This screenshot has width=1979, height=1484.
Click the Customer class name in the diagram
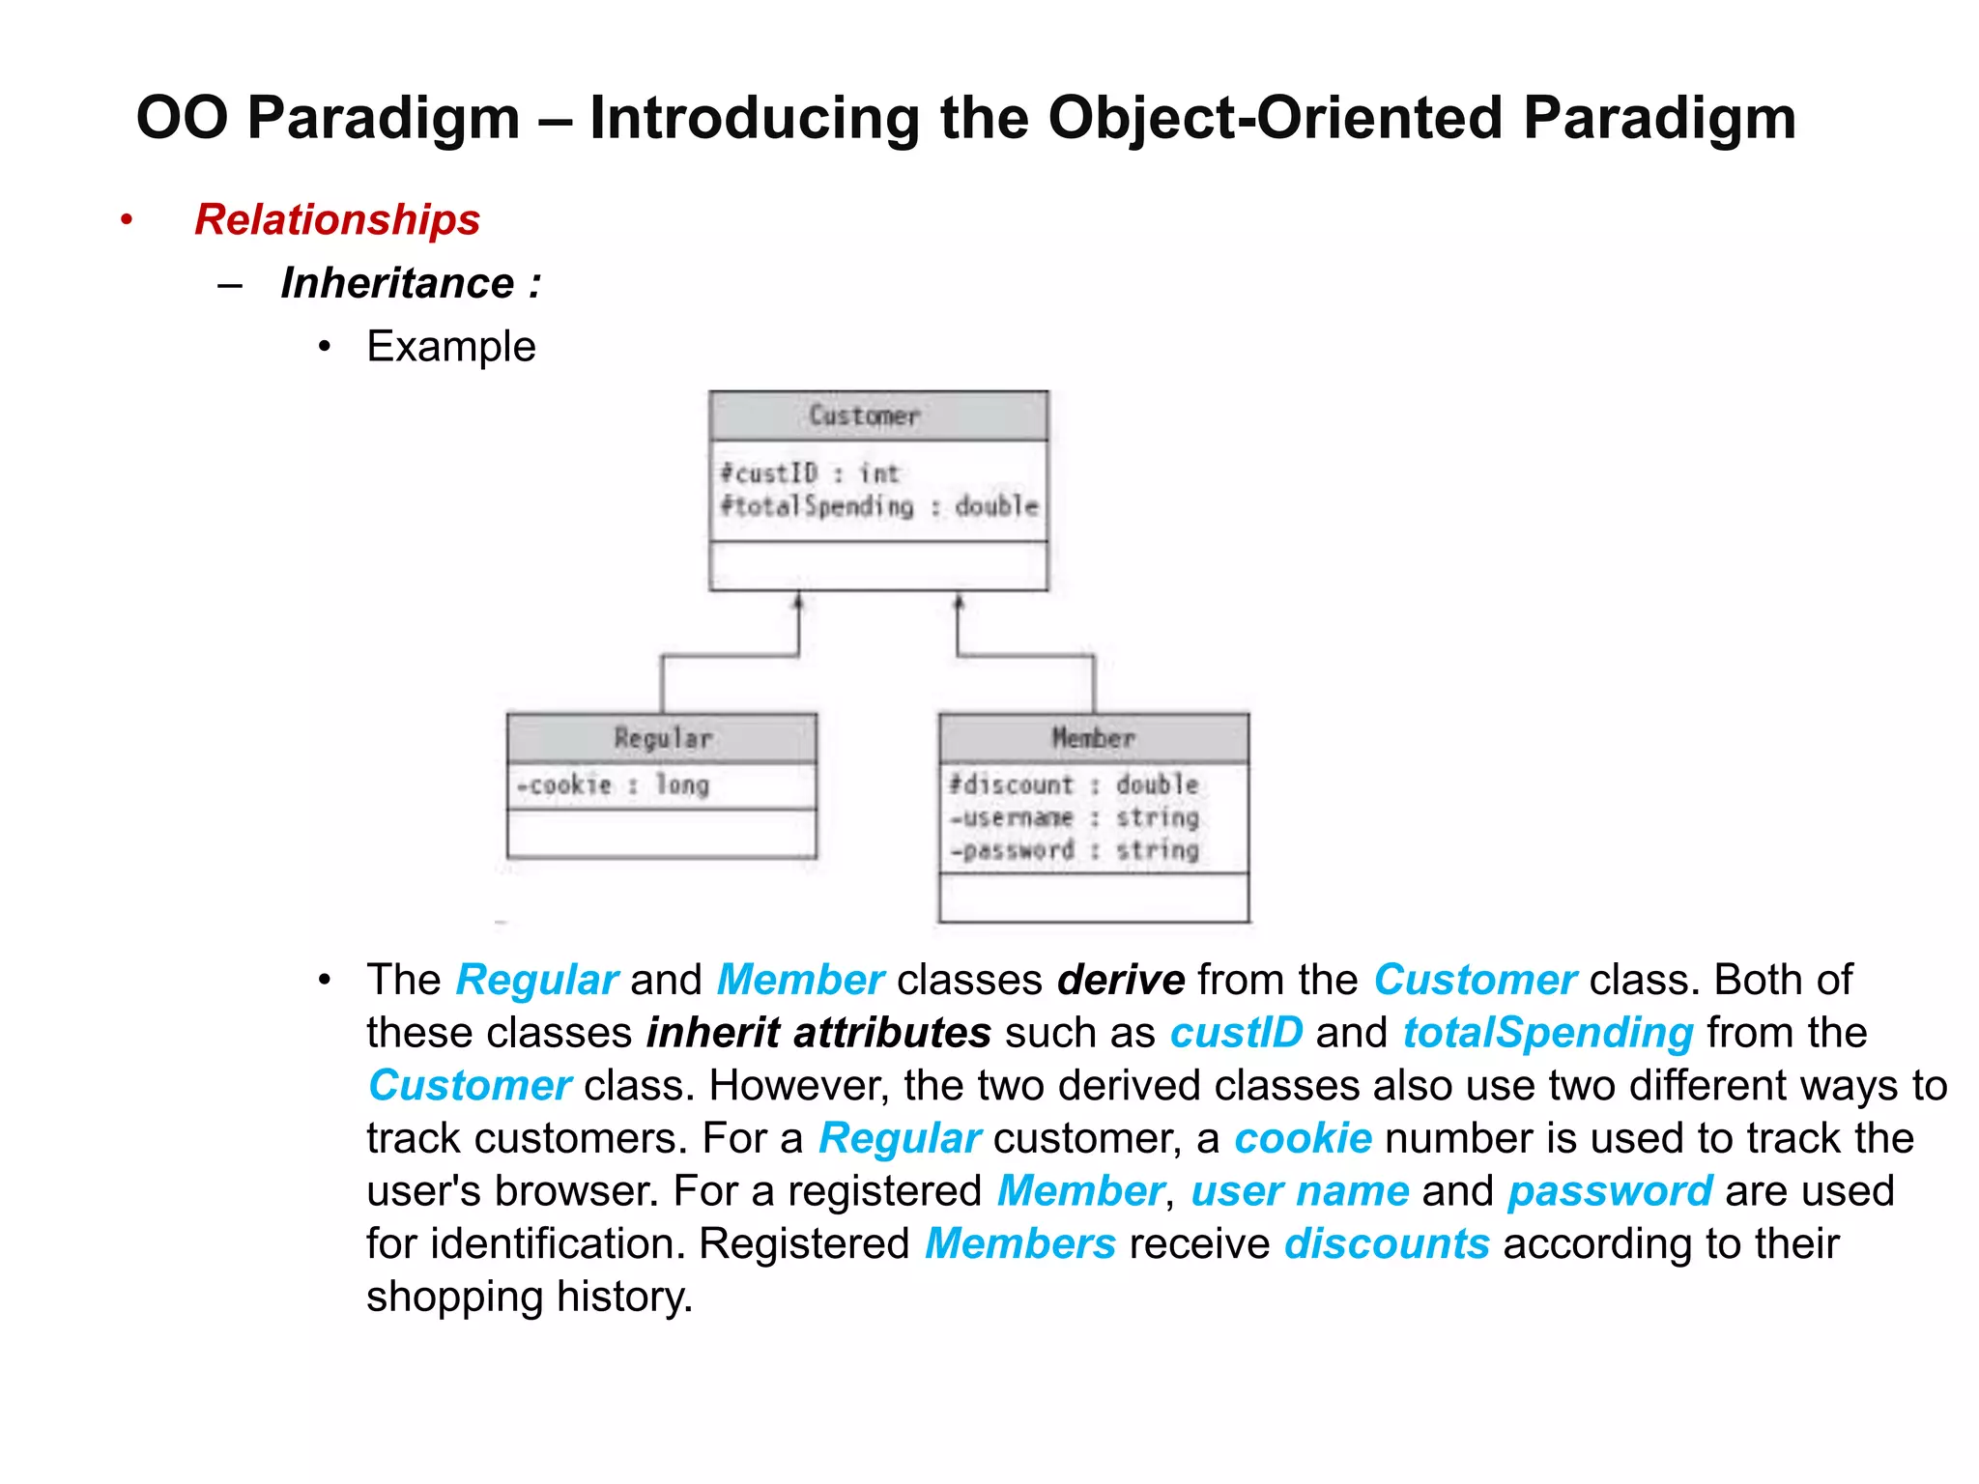pyautogui.click(x=864, y=415)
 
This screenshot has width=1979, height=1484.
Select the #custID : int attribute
pyautogui.click(x=810, y=473)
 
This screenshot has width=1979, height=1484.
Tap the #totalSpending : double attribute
pyautogui.click(x=878, y=506)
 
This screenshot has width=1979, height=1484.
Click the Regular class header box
pyautogui.click(x=662, y=738)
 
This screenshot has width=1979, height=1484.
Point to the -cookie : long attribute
pyautogui.click(x=613, y=785)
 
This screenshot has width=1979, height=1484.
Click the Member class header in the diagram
pyautogui.click(x=1093, y=738)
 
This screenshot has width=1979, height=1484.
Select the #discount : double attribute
pyautogui.click(x=1073, y=785)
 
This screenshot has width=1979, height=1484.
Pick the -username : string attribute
pyautogui.click(x=1074, y=817)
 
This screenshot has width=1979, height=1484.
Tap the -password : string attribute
pyautogui.click(x=1074, y=850)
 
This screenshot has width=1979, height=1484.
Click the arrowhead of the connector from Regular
pyautogui.click(x=798, y=602)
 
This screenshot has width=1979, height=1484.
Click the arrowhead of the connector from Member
pyautogui.click(x=959, y=602)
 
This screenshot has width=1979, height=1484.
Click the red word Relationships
pyautogui.click(x=336, y=219)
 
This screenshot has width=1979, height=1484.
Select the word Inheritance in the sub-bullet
pyautogui.click(x=397, y=283)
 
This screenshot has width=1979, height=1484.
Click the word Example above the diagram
pyautogui.click(x=450, y=346)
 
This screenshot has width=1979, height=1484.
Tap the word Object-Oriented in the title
pyautogui.click(x=1276, y=118)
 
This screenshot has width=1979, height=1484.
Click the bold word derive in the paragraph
pyautogui.click(x=1120, y=980)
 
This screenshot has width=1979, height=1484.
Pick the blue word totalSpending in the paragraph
pyautogui.click(x=1547, y=1032)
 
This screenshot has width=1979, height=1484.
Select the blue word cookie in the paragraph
pyautogui.click(x=1302, y=1138)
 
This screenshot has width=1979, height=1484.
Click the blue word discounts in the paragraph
pyautogui.click(x=1386, y=1243)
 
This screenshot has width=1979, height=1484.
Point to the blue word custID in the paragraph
pyautogui.click(x=1235, y=1032)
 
